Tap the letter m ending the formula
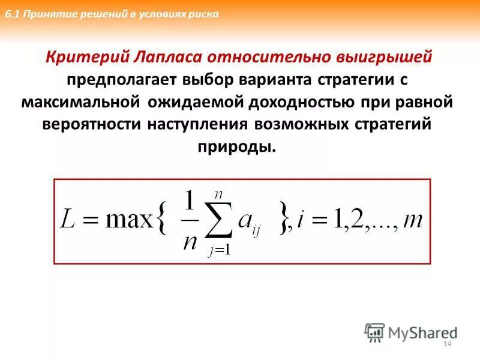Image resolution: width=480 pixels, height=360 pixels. pyautogui.click(x=413, y=221)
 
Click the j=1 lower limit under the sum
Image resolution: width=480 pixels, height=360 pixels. pyautogui.click(x=220, y=251)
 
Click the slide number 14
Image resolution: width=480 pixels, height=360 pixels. pyautogui.click(x=446, y=343)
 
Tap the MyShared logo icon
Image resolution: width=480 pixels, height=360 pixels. pyautogui.click(x=374, y=332)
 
